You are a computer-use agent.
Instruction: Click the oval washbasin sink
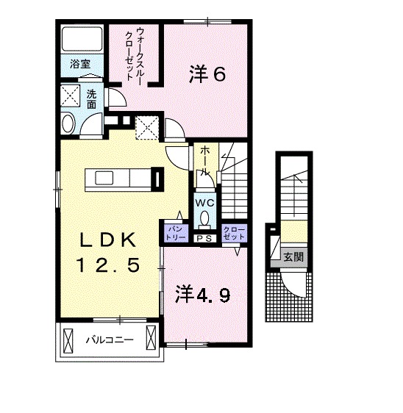point(68,123)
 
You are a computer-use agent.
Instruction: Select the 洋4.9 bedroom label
point(203,295)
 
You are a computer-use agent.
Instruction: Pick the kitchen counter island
point(118,178)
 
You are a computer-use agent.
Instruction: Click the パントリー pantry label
point(176,233)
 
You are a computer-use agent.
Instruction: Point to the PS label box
point(204,237)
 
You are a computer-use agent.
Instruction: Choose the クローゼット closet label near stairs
point(232,233)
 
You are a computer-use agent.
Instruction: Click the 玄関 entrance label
point(294,257)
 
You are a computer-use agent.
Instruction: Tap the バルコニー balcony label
point(108,341)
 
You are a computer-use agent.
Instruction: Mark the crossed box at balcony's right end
point(152,340)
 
